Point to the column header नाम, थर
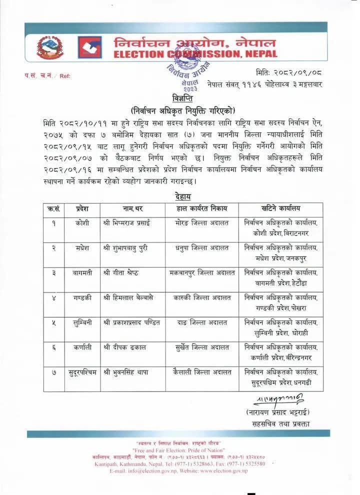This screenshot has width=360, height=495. point(132,208)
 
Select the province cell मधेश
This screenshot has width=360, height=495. point(82,247)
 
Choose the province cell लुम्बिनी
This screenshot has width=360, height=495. point(82,322)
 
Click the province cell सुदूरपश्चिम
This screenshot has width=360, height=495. point(82,372)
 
